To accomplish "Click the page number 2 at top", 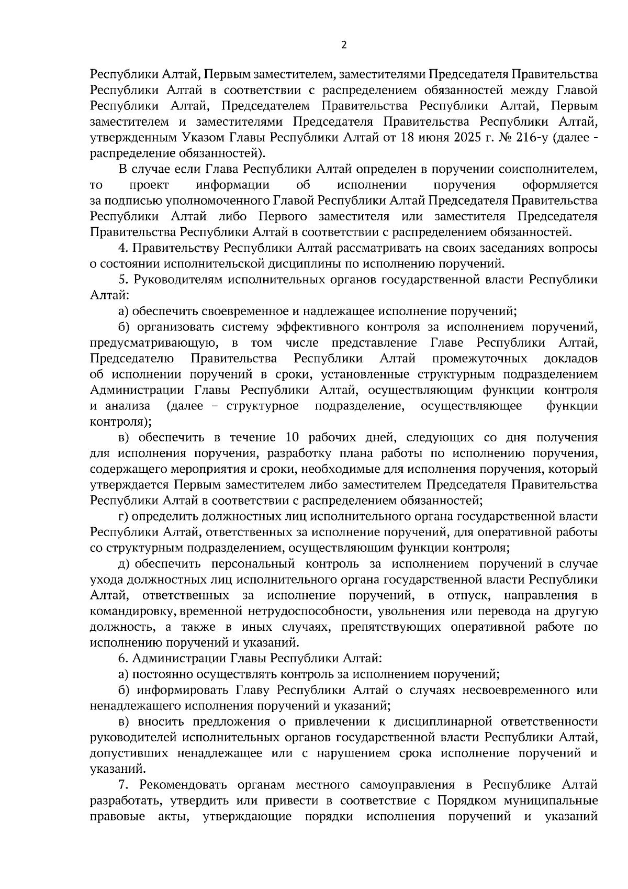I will [343, 45].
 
